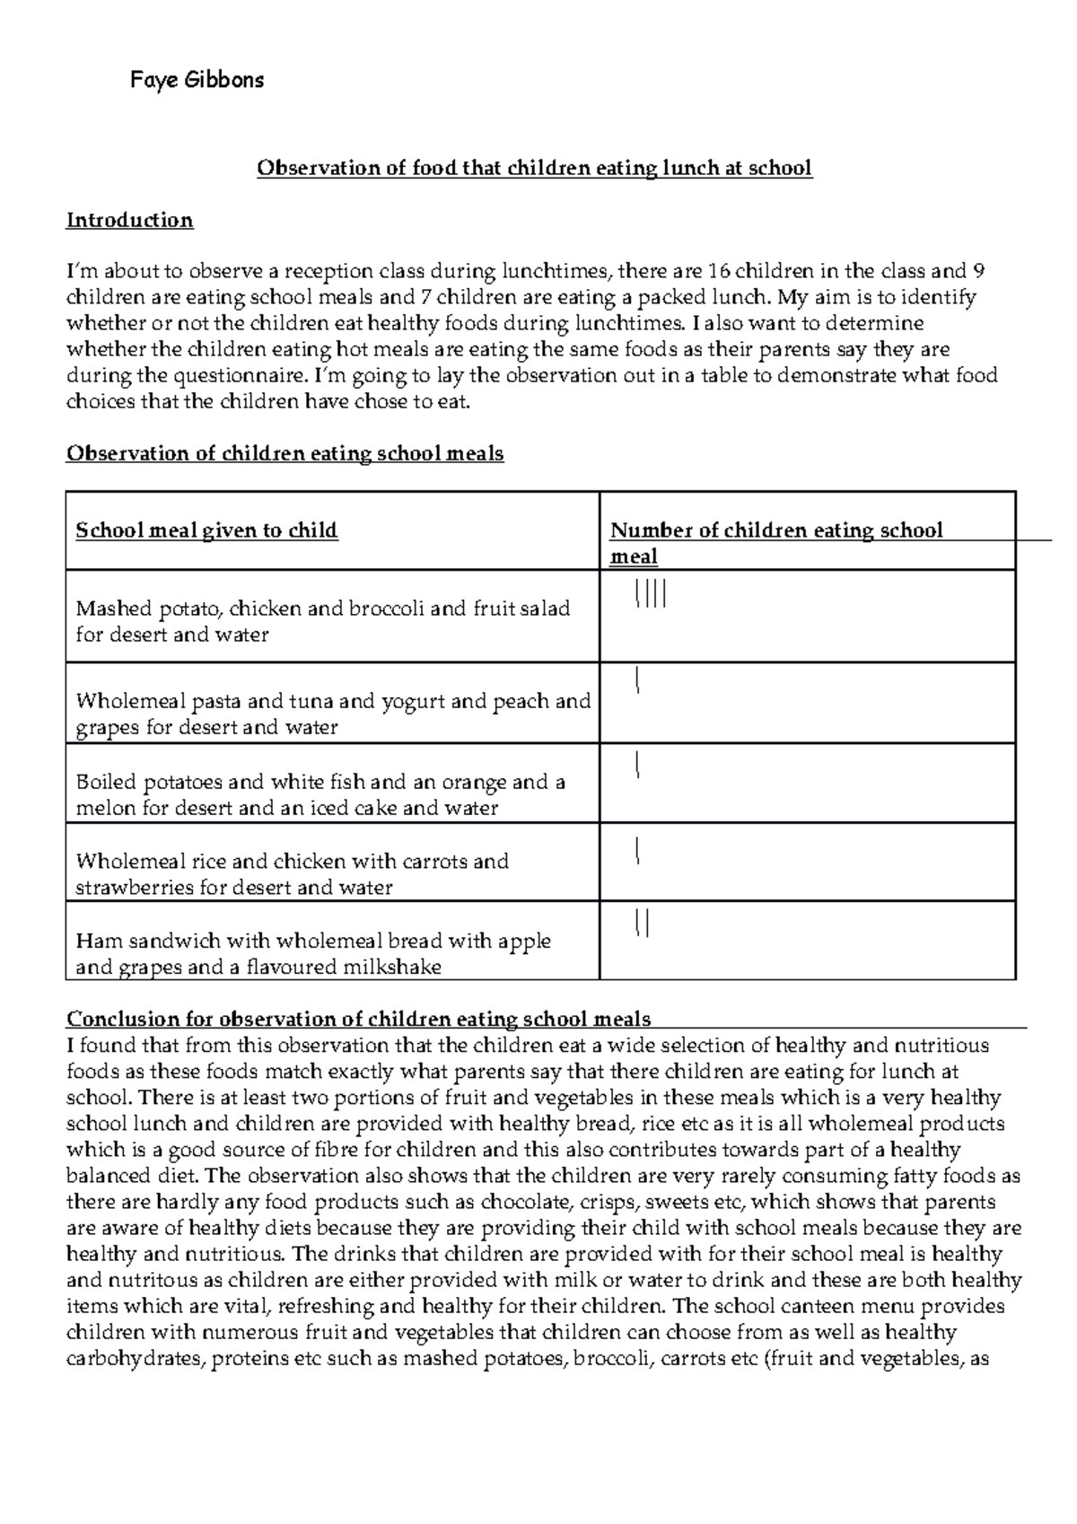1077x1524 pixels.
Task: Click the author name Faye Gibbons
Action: pos(197,81)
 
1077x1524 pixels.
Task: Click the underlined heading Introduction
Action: pos(129,221)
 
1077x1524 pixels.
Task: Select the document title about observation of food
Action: pos(535,168)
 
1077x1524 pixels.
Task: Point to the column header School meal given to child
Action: pos(206,530)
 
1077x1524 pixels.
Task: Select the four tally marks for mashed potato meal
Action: pos(650,594)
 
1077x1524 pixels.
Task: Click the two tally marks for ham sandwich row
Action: pos(642,923)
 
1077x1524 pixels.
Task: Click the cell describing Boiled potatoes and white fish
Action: pos(320,794)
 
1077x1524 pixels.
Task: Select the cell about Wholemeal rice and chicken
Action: pos(292,874)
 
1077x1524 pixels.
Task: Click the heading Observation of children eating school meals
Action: pos(285,454)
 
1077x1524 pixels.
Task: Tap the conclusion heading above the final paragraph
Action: pos(359,1019)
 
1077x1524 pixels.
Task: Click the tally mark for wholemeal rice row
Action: pos(636,849)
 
